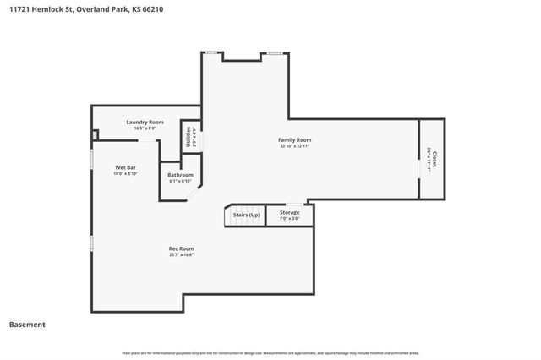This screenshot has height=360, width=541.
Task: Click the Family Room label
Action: (x=296, y=139)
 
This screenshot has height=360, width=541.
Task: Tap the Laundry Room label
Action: (x=145, y=122)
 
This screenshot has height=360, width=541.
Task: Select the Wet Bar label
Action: (x=126, y=167)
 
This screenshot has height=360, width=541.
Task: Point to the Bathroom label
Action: (x=180, y=175)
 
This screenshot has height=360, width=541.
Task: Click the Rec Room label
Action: (x=181, y=248)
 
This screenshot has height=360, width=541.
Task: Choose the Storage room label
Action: (x=289, y=212)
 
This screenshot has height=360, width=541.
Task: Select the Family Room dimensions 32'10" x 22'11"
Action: (x=296, y=146)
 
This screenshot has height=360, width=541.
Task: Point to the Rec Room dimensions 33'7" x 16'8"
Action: (x=181, y=254)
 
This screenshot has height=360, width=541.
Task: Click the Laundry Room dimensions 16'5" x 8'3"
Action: (x=145, y=128)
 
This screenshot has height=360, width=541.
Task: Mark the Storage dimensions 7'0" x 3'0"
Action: (x=289, y=218)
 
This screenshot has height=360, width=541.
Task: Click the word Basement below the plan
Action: (x=27, y=325)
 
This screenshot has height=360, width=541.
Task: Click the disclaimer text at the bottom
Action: (x=270, y=352)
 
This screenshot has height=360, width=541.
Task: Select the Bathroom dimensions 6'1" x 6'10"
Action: (x=180, y=181)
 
